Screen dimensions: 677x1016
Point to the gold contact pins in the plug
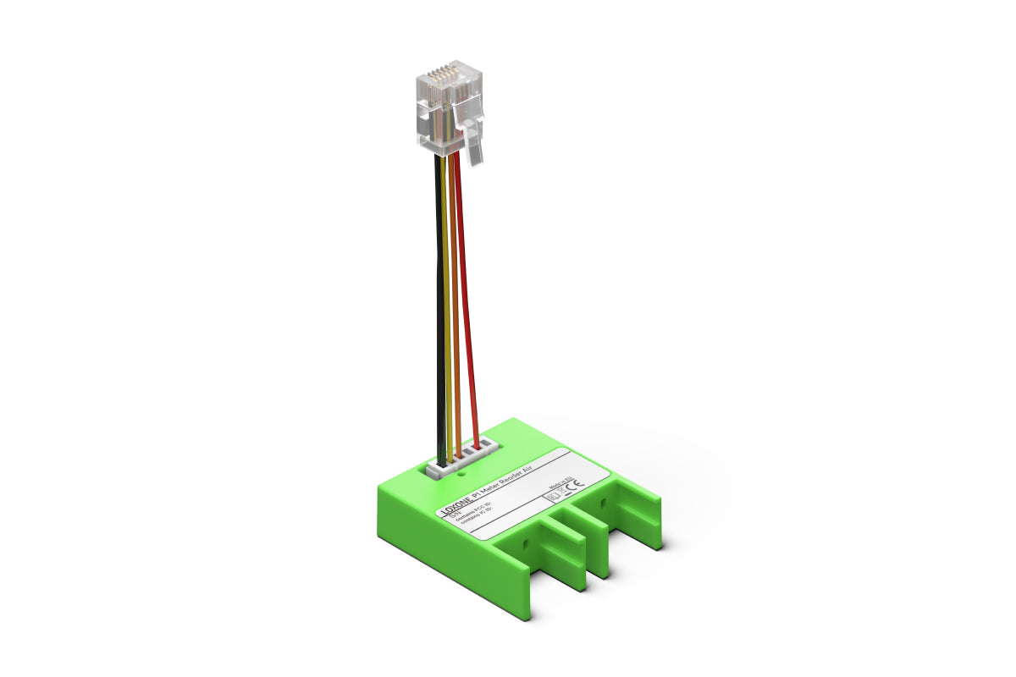click(439, 76)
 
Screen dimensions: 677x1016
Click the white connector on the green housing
click(461, 461)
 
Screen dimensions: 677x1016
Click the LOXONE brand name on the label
click(455, 509)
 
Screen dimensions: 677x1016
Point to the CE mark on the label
click(575, 486)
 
